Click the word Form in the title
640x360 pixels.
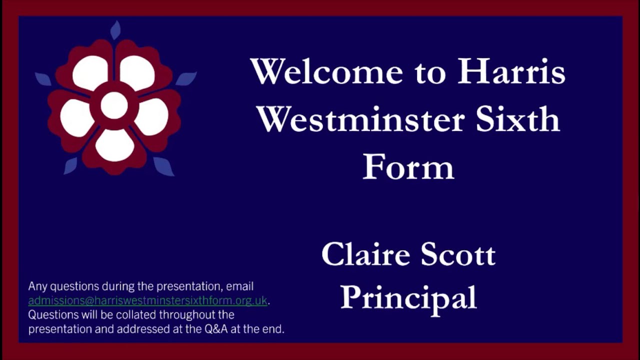click(408, 167)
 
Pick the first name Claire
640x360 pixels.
click(366, 254)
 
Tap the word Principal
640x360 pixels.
click(408, 297)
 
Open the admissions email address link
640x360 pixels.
click(148, 300)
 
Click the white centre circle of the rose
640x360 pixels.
click(114, 105)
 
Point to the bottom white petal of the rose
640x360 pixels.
click(114, 145)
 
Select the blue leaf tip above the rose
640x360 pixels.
click(115, 30)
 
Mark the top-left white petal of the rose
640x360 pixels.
click(90, 73)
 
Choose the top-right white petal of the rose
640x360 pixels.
click(137, 73)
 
